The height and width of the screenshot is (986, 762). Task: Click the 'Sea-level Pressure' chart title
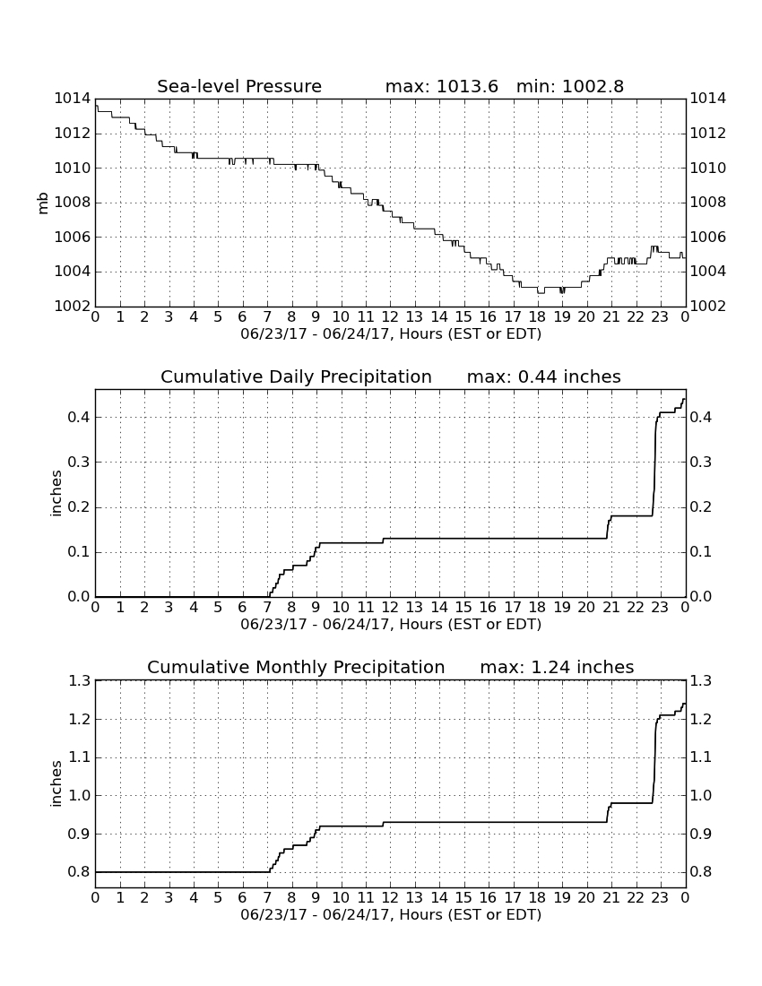click(239, 86)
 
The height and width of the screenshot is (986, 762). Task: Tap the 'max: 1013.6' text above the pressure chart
click(441, 86)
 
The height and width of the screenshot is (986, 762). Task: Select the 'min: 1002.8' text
click(569, 86)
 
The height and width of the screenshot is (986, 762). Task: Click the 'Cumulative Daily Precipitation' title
click(296, 376)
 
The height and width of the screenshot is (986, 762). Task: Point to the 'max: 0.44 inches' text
click(544, 376)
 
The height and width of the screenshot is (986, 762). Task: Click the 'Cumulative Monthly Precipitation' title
click(296, 667)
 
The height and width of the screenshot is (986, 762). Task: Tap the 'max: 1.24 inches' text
click(557, 667)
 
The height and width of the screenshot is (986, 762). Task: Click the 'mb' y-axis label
click(43, 203)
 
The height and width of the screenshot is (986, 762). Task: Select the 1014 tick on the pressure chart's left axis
click(73, 99)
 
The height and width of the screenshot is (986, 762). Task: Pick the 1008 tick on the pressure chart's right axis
click(708, 203)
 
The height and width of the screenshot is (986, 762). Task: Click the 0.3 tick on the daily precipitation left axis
click(79, 463)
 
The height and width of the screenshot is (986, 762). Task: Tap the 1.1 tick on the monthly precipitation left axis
click(79, 757)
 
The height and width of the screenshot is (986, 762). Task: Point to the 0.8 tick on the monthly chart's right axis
click(701, 872)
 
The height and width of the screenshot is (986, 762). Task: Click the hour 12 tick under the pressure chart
click(390, 317)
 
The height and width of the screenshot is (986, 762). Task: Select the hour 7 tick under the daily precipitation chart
click(267, 608)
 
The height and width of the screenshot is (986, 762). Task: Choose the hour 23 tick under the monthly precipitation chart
click(660, 898)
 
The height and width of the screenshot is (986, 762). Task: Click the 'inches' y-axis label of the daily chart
click(56, 494)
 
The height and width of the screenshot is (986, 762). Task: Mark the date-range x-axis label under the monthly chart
click(391, 914)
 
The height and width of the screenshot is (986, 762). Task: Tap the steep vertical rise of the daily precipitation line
click(654, 465)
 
